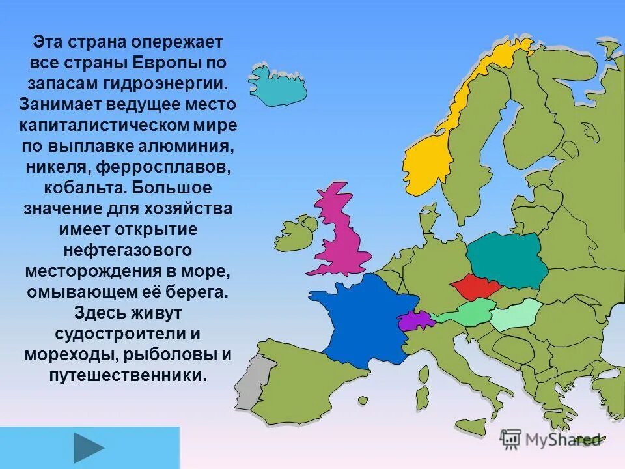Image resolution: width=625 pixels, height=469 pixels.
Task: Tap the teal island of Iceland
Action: click(277, 85)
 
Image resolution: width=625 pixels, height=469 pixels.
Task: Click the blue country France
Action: click(365, 319)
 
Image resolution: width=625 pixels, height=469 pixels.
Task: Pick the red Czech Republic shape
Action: click(473, 287)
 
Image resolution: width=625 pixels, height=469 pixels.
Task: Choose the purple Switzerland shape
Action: click(415, 320)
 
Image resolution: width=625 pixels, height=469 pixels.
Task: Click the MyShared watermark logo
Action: click(550, 439)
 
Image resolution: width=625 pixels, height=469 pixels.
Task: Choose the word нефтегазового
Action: click(128, 249)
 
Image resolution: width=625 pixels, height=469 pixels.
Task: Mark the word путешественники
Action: click(128, 375)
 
